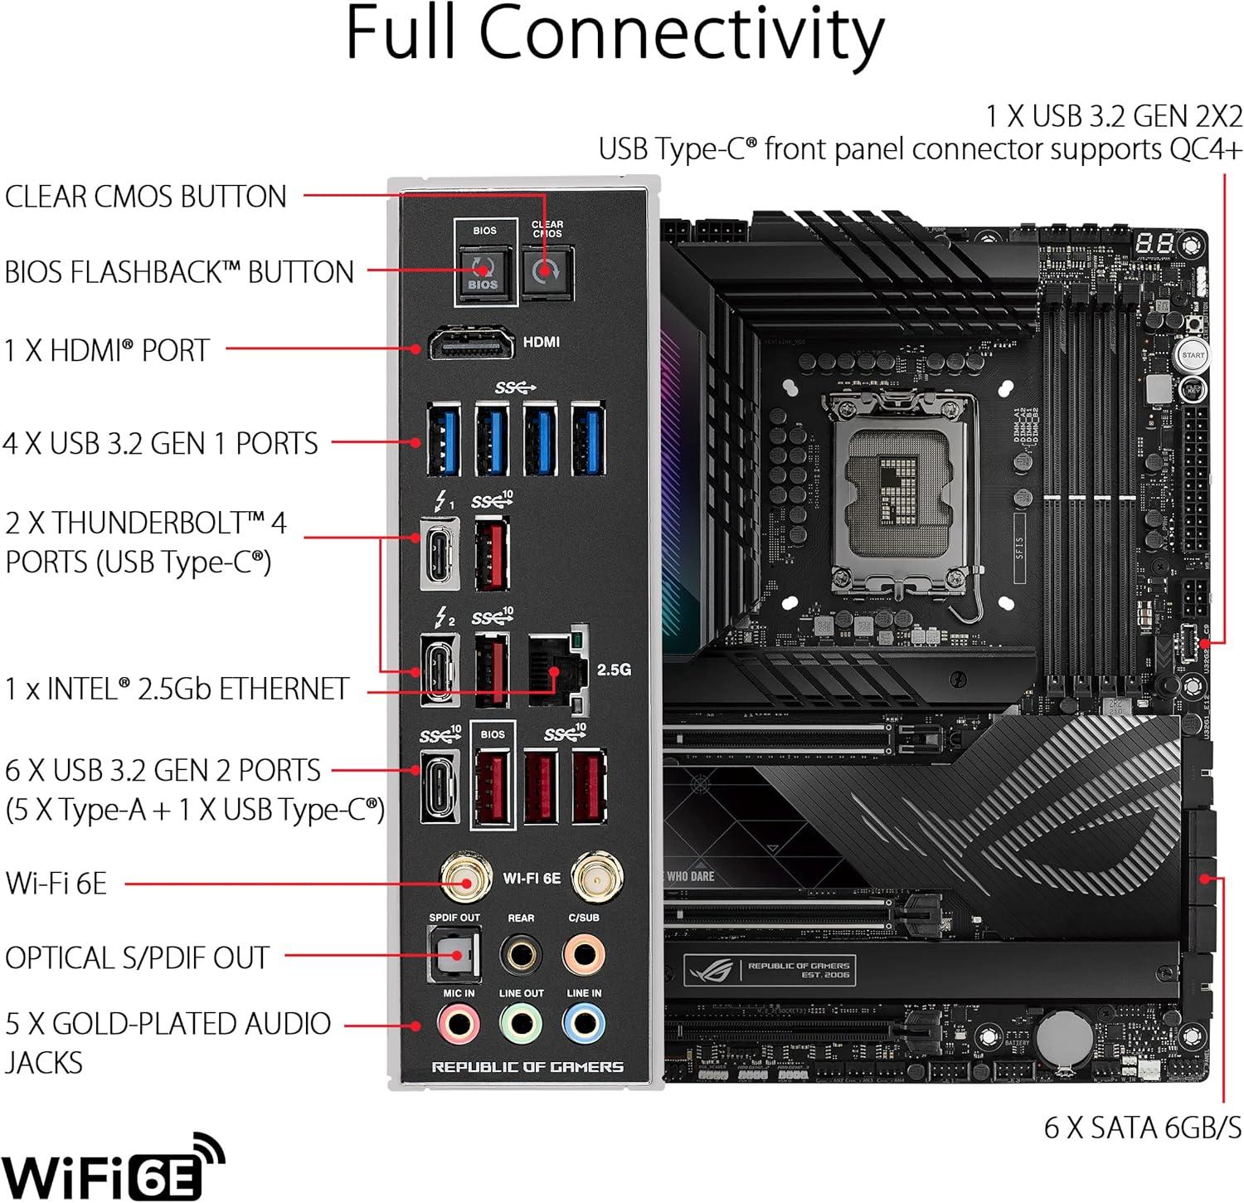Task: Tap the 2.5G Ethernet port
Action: coord(556,668)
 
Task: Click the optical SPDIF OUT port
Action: coord(454,955)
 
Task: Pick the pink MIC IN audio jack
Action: coord(459,1025)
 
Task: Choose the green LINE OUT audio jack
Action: coord(521,1025)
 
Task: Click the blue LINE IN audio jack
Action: coord(584,1025)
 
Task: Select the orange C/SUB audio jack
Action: coord(584,954)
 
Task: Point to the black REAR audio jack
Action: coord(521,954)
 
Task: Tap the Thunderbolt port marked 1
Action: coord(440,553)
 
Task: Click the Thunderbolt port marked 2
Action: coord(440,670)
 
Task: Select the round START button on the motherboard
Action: coord(1193,355)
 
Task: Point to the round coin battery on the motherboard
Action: coord(1064,1037)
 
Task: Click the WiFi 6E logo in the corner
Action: coord(113,1168)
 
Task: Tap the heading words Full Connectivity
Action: coord(615,35)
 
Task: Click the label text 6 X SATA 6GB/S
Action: coord(1143,1128)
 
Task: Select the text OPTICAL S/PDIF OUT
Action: coord(138,958)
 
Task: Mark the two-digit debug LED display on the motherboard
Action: coord(1154,243)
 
